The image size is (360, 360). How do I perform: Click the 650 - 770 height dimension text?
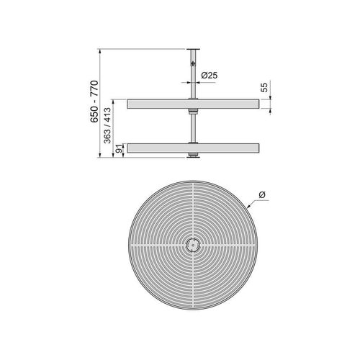click(94, 102)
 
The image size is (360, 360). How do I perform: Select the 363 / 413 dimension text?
click(107, 127)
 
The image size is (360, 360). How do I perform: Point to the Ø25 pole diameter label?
click(210, 75)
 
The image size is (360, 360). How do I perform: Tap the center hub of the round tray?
click(192, 244)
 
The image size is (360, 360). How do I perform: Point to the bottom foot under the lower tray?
click(192, 156)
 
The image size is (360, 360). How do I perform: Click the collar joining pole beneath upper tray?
click(192, 112)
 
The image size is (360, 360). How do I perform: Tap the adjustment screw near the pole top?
click(192, 63)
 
